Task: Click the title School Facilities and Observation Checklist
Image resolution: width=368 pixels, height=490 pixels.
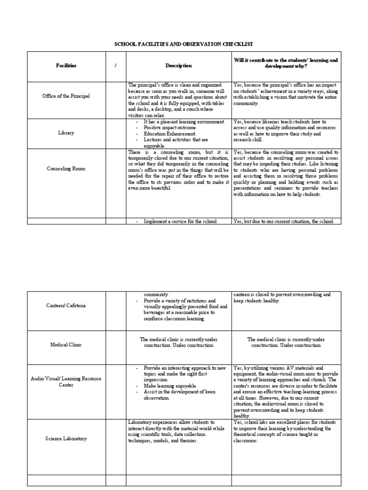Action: [184, 44]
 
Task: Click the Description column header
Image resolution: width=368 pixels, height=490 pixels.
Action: [178, 66]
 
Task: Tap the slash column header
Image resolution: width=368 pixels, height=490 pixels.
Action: [115, 66]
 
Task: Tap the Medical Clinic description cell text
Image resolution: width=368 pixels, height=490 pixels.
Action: [178, 342]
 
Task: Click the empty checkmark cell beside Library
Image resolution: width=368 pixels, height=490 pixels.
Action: [115, 133]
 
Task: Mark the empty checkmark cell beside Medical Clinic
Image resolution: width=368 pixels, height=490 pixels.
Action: [115, 345]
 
